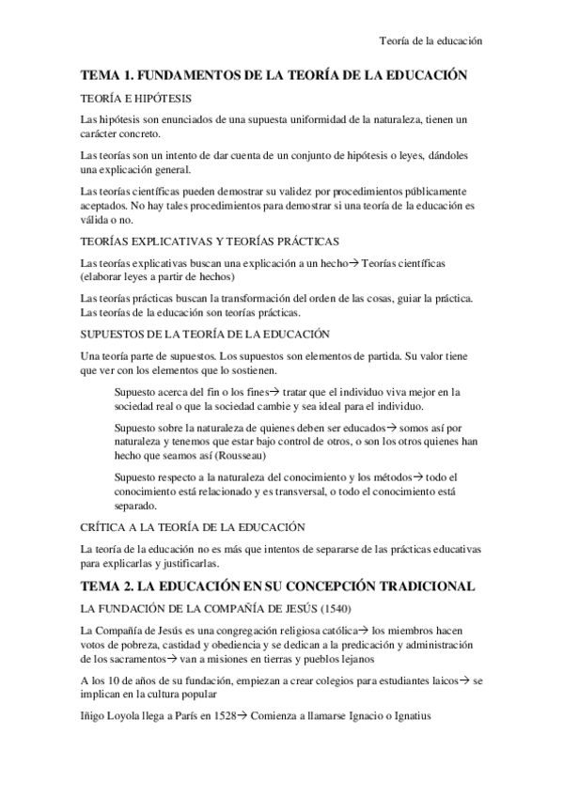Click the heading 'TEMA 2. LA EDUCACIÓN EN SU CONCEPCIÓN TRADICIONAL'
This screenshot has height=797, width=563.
coord(276,586)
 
